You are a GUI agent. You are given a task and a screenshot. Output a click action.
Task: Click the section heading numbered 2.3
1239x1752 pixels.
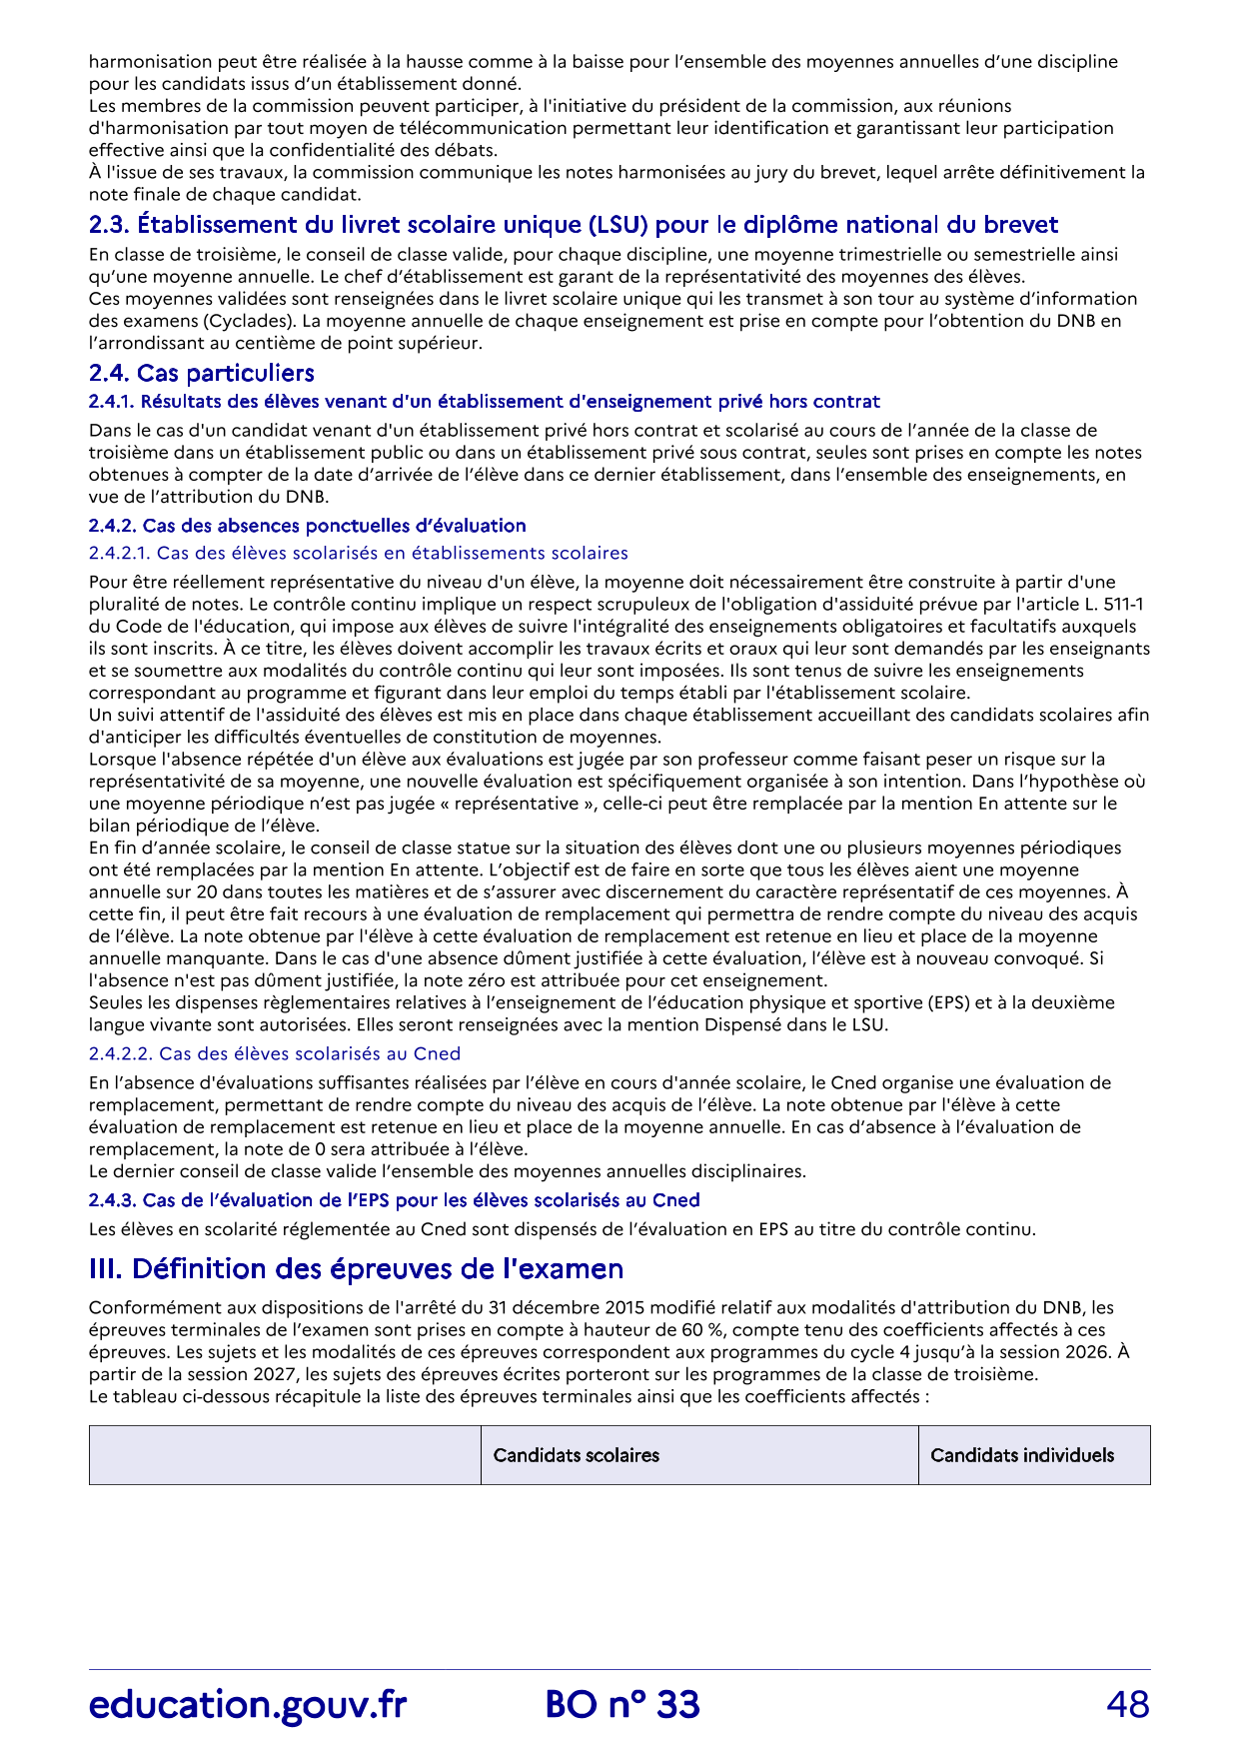click(573, 225)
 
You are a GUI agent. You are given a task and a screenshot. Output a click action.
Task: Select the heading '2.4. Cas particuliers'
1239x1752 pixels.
click(201, 373)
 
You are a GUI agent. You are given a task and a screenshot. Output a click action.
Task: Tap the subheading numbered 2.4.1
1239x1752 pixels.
click(484, 402)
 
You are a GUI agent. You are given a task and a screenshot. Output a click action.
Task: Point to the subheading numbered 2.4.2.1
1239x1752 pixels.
click(358, 553)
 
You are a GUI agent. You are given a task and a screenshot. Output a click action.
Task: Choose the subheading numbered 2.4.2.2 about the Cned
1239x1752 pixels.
click(274, 1053)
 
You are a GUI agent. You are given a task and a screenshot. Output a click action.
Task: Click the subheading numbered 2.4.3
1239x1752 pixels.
click(394, 1200)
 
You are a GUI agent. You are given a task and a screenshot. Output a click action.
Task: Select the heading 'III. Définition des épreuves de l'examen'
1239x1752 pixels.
click(356, 1269)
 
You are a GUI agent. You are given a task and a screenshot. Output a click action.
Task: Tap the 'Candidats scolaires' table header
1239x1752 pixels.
click(576, 1455)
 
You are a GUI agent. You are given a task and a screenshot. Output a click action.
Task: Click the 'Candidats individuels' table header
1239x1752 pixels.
click(1021, 1455)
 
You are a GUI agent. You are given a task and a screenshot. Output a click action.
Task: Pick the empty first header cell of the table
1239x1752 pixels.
click(285, 1455)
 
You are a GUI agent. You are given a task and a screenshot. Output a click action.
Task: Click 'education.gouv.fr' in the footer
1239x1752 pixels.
click(247, 1705)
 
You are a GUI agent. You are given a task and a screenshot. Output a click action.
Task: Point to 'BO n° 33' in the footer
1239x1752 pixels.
click(622, 1705)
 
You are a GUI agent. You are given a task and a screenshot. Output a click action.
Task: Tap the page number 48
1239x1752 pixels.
click(1128, 1705)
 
